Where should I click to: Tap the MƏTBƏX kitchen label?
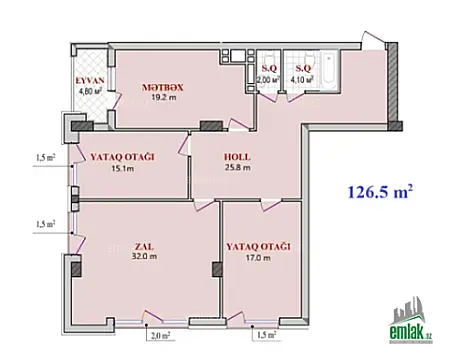coord(163,88)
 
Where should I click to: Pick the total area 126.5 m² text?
coord(380,189)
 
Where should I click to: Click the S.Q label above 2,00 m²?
coord(267,67)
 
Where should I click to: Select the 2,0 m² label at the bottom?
coord(158,335)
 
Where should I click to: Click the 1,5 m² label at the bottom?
coord(264,335)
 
